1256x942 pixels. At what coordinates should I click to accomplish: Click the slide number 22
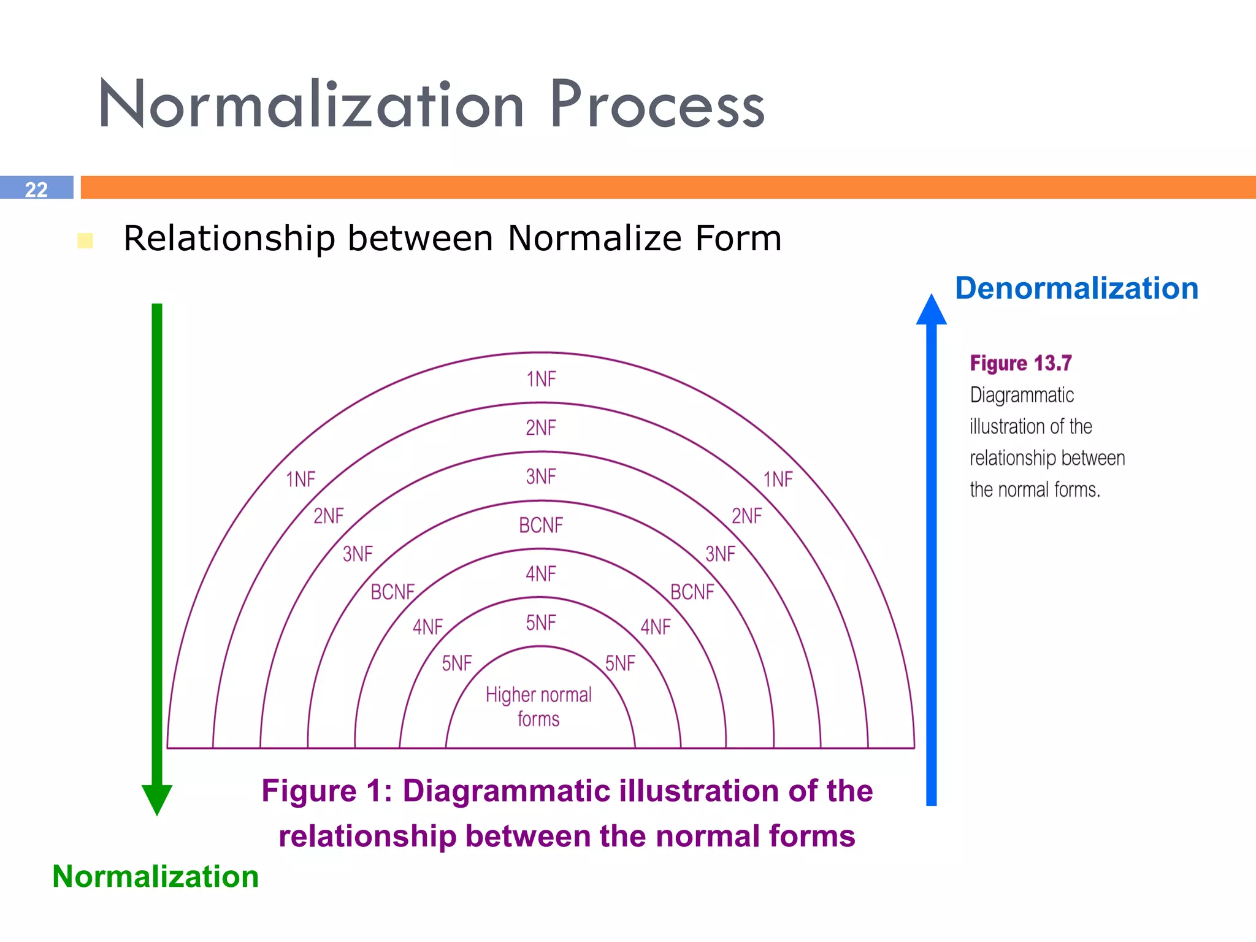[36, 189]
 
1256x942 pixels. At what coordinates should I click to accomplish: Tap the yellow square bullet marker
[85, 240]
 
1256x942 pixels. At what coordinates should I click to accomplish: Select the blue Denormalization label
[1076, 288]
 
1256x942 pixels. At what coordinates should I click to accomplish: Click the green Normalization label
[155, 876]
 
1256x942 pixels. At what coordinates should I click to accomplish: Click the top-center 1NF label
[541, 379]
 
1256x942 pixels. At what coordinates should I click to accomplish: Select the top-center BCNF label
[541, 525]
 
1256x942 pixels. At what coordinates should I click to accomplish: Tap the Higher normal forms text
[538, 706]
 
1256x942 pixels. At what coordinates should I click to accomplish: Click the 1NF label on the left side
[301, 479]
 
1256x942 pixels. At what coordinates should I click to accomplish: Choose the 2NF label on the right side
[746, 516]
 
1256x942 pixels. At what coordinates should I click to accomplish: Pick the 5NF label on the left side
[457, 663]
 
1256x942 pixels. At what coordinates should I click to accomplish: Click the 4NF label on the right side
[656, 627]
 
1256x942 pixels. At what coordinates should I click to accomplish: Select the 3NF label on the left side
[358, 554]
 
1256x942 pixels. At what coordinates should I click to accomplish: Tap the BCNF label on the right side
[692, 592]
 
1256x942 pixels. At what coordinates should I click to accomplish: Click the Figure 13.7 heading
[1020, 363]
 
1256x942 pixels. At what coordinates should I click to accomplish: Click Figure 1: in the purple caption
[327, 791]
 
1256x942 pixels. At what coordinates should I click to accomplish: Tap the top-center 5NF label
[541, 622]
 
